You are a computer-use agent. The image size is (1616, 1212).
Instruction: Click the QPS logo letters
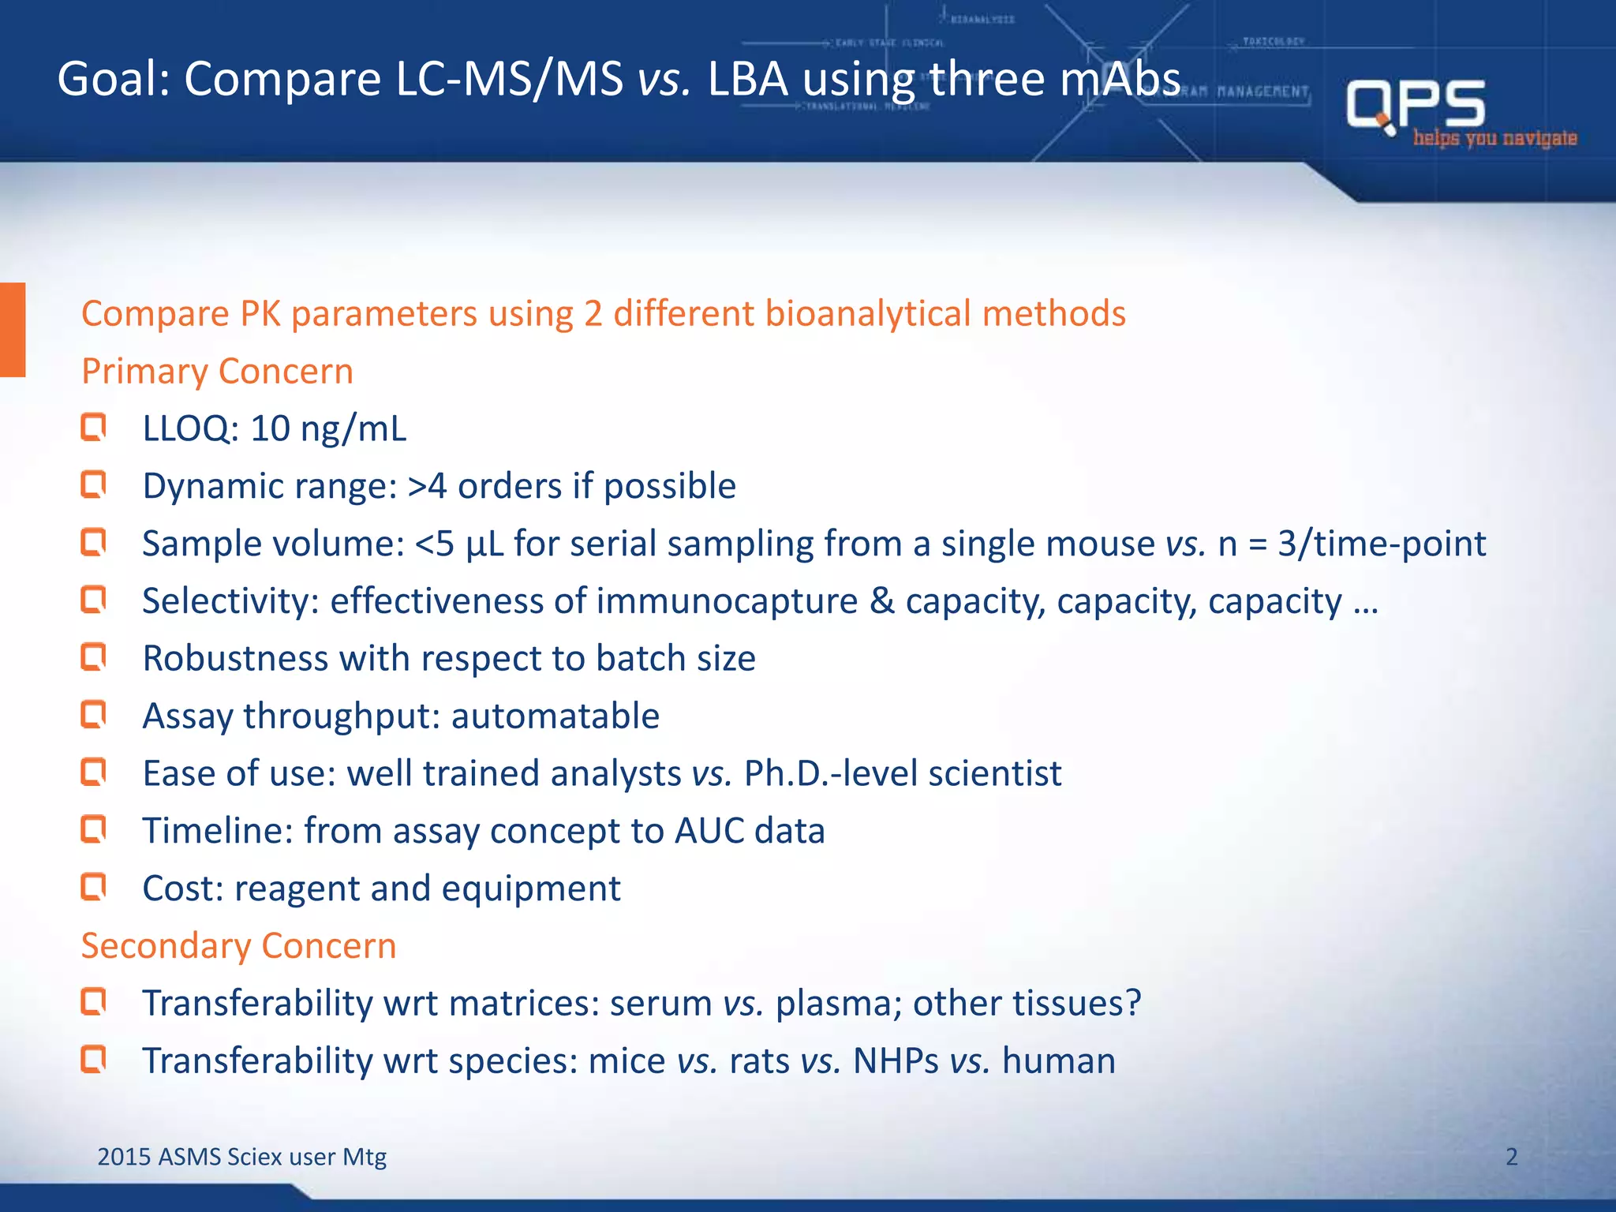point(1416,104)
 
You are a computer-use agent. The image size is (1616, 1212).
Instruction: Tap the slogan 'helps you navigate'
point(1494,139)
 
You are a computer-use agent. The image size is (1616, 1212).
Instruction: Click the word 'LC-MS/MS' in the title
point(509,80)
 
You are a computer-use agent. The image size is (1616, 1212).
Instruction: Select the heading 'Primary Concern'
point(217,372)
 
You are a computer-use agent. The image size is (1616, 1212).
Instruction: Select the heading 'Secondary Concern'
point(238,946)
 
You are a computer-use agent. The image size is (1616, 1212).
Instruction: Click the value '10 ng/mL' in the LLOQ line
point(328,429)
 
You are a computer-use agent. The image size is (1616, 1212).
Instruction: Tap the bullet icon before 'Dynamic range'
point(93,485)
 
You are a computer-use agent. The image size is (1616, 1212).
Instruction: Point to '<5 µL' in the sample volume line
point(459,544)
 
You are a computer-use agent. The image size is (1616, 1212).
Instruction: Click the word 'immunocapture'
point(727,601)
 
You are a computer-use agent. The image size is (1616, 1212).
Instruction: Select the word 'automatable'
point(555,716)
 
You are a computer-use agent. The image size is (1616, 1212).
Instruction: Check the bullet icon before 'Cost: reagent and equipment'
point(93,888)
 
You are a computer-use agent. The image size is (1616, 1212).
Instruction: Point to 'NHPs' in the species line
point(896,1061)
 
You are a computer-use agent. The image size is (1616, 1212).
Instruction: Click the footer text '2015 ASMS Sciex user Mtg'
point(241,1157)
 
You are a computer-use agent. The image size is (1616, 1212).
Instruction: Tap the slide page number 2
point(1511,1157)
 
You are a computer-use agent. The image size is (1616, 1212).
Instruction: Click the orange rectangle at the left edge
point(13,330)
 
